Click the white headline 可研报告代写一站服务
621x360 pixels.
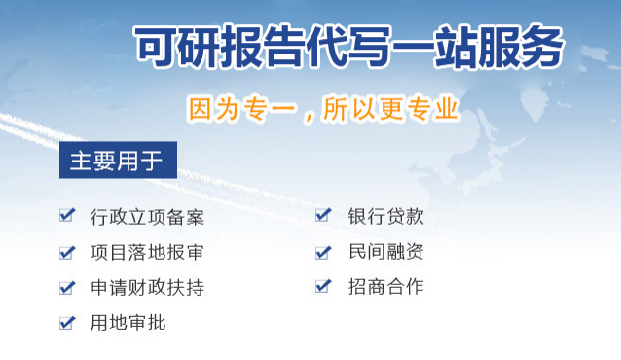[x=347, y=46]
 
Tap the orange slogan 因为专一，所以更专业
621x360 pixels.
[x=322, y=108]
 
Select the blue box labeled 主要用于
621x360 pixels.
[x=117, y=160]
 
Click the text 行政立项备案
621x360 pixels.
[x=147, y=217]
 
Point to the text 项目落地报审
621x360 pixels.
[x=147, y=252]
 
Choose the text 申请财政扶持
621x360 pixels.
[x=147, y=287]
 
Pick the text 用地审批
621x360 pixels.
[x=128, y=322]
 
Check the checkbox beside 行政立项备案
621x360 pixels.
[x=67, y=216]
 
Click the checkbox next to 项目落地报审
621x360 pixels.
[x=67, y=252]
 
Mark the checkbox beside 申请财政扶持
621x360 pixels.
[x=67, y=287]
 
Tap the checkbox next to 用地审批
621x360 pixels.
[x=67, y=322]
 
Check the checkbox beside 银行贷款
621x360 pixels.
[x=323, y=216]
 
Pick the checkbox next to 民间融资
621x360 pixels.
[x=323, y=252]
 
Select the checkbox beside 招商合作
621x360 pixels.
[x=323, y=287]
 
